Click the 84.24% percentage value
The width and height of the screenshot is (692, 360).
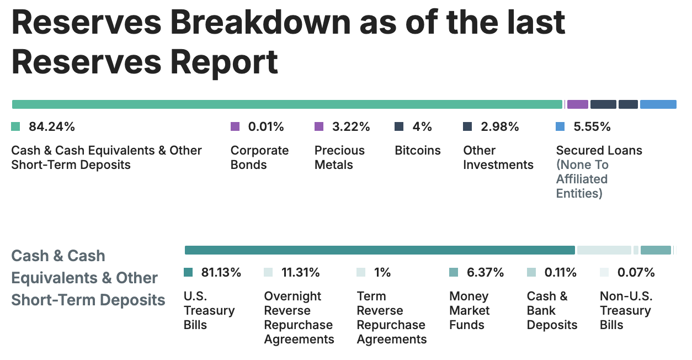click(x=51, y=126)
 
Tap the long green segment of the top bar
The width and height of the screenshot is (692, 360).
click(x=287, y=104)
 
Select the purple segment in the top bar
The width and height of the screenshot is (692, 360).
click(x=577, y=104)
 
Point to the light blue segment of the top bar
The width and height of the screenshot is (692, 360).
click(x=658, y=104)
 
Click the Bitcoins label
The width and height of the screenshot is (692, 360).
click(x=418, y=150)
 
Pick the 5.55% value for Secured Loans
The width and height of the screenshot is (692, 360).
click(x=592, y=126)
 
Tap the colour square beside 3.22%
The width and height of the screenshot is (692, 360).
click(x=319, y=126)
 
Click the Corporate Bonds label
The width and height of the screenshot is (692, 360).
click(x=259, y=157)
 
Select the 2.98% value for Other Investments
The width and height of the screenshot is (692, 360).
click(x=500, y=126)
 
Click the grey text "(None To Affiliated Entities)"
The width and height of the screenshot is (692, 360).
click(x=582, y=179)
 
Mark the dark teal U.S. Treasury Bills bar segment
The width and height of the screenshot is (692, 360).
click(x=380, y=250)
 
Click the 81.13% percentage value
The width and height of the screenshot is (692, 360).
click(x=221, y=272)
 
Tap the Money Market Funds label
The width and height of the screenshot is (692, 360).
click(x=469, y=310)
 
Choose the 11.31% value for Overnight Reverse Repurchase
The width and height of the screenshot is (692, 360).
click(x=301, y=272)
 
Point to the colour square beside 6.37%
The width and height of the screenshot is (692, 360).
click(x=454, y=272)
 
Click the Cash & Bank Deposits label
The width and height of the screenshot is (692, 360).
click(x=552, y=310)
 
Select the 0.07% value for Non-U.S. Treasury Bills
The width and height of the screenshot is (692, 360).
click(x=636, y=272)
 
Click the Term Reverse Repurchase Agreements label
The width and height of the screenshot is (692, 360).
click(x=391, y=317)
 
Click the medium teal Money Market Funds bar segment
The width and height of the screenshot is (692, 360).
click(x=656, y=250)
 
